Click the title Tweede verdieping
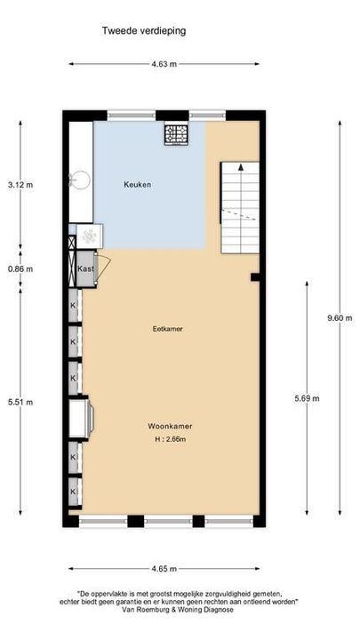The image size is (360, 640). coord(144,30)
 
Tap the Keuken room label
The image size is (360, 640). coord(137,185)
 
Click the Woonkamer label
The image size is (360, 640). coord(170,426)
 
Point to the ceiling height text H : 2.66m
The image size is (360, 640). coord(170,439)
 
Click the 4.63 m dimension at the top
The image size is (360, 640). coord(164,64)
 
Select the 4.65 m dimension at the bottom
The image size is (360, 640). coord(164,568)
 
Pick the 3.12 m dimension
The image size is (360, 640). coord(20,185)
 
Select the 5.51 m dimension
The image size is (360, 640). coord(20,402)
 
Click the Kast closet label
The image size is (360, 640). coord(86,268)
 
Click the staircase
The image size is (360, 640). coord(239,206)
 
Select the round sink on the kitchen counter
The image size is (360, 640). coord(77,175)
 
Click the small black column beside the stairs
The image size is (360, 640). coord(255,277)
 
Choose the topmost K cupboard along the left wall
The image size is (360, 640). coord(73,305)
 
